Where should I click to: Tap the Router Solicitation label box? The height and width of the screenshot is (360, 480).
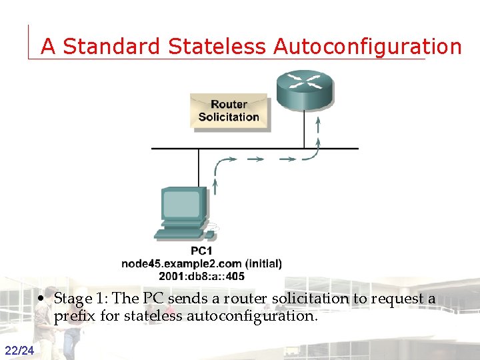229,111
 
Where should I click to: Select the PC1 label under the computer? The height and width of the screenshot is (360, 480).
201,251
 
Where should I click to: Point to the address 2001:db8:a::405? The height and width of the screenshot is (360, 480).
201,275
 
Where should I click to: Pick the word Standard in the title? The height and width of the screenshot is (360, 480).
111,47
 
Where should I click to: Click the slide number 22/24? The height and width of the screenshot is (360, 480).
20,351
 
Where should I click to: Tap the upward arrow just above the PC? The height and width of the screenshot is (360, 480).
215,183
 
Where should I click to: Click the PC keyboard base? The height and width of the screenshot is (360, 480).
178,234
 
